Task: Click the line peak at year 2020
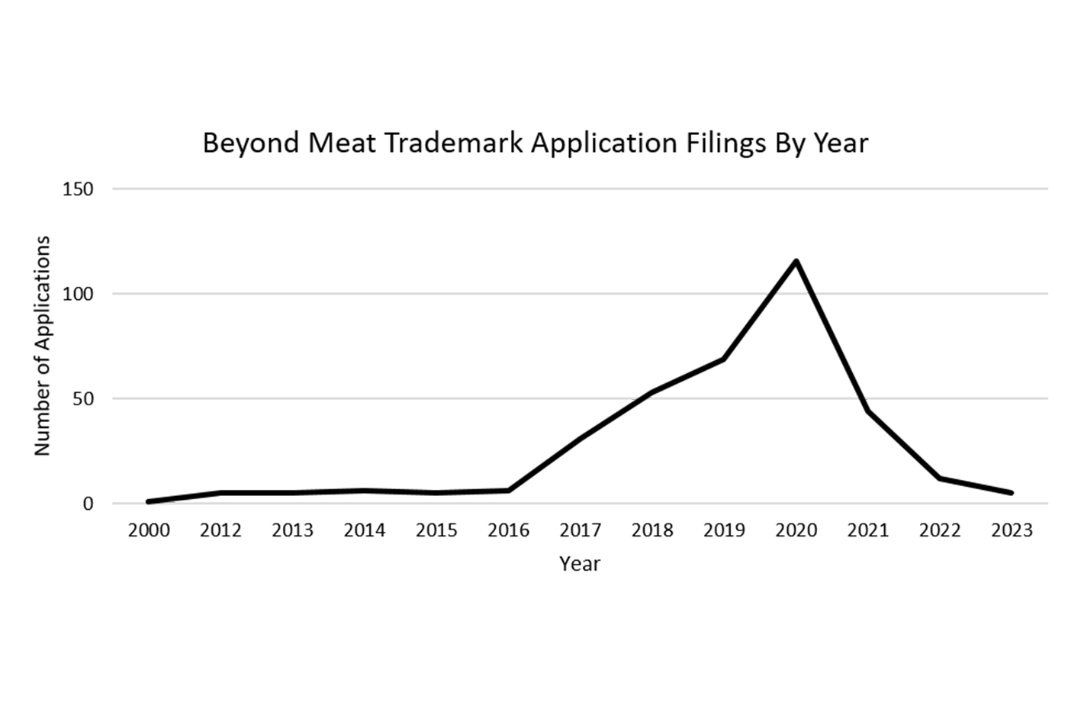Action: pos(796,262)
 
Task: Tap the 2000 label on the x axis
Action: pos(149,530)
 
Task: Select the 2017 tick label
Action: pos(580,530)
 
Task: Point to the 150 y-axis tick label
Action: pos(78,189)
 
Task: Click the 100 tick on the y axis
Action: pos(78,294)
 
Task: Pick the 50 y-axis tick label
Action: pos(82,399)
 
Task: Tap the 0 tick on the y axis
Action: pos(88,504)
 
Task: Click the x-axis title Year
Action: pos(580,564)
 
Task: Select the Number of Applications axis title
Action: pos(42,346)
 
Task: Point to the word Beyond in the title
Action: pos(251,143)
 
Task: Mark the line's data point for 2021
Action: pos(868,411)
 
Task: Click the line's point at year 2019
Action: pos(723,359)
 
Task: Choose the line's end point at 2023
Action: pos(1012,493)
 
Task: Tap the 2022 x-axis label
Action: pos(940,530)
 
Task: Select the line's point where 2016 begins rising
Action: pos(508,491)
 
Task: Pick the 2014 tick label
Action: pos(365,530)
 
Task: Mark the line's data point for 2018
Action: pos(651,392)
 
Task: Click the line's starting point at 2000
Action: pos(149,501)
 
